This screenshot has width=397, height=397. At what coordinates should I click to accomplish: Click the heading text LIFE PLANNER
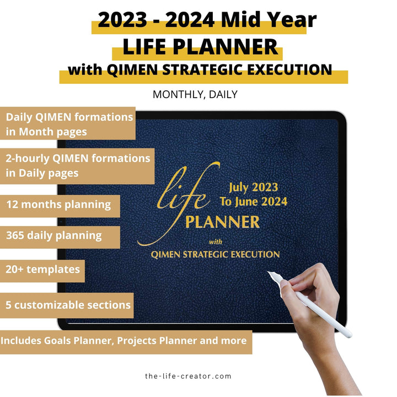click(200, 47)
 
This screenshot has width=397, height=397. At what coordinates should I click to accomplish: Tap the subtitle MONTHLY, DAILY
click(195, 94)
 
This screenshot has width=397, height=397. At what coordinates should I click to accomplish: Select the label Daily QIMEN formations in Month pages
click(68, 124)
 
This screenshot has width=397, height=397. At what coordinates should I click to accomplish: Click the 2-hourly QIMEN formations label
click(77, 165)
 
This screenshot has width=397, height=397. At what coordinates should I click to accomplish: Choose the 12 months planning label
click(58, 205)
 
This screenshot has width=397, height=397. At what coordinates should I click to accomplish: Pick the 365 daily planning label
click(54, 235)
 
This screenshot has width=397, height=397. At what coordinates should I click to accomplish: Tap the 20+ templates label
click(43, 270)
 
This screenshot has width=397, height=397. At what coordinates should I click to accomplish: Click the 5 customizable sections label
click(68, 305)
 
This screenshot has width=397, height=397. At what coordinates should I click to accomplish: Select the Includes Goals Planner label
click(124, 340)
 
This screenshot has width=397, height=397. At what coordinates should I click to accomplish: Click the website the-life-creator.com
click(188, 376)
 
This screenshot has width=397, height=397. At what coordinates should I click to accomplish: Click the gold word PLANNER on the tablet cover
click(222, 222)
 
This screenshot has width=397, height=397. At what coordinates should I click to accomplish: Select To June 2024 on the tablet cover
click(253, 201)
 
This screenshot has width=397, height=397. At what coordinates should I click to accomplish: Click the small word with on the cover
click(216, 241)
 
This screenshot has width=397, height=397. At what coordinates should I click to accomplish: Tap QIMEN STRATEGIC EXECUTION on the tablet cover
click(216, 254)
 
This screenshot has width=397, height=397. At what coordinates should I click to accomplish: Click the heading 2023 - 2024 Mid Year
click(207, 20)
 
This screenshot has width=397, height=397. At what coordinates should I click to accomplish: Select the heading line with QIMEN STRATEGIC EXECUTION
click(200, 71)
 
